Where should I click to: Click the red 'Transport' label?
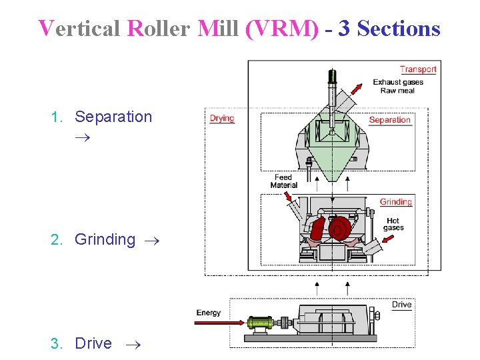pyautogui.click(x=418, y=69)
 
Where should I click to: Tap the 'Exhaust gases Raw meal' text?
pyautogui.click(x=398, y=87)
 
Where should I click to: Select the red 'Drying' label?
pyautogui.click(x=222, y=119)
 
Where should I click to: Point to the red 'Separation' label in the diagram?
pyautogui.click(x=389, y=120)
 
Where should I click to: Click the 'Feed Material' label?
pyautogui.click(x=283, y=181)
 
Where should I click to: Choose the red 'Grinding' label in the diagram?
pyautogui.click(x=396, y=202)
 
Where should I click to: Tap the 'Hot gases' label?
pyautogui.click(x=393, y=224)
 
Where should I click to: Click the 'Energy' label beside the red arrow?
pyautogui.click(x=209, y=313)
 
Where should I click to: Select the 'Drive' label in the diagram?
pyautogui.click(x=401, y=305)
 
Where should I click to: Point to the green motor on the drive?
pyautogui.click(x=259, y=323)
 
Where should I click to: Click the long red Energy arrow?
pyautogui.click(x=220, y=323)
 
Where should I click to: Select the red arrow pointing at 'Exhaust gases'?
pyautogui.click(x=358, y=88)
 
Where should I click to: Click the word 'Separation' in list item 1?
pyautogui.click(x=113, y=117)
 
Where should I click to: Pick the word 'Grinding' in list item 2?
pyautogui.click(x=105, y=239)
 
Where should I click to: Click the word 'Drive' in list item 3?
pyautogui.click(x=93, y=343)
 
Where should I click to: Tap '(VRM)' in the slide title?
pyautogui.click(x=282, y=29)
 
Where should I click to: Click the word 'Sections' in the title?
pyautogui.click(x=399, y=29)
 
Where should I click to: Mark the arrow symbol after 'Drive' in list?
pyautogui.click(x=133, y=345)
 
